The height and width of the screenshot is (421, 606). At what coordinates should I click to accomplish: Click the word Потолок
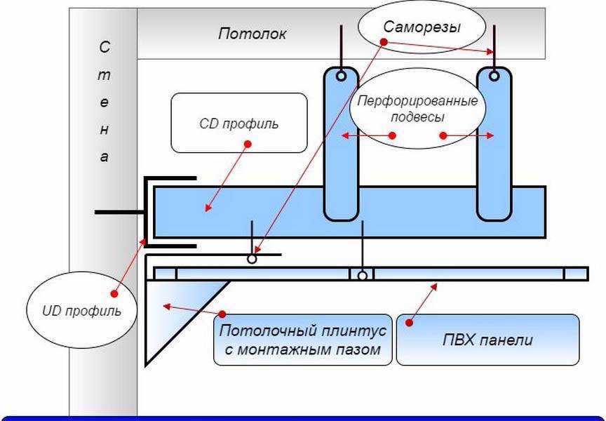252,34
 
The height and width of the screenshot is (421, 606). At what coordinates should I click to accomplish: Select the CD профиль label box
239,123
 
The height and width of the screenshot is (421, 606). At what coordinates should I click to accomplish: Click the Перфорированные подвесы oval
419,108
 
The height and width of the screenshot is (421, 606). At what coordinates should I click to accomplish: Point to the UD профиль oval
83,309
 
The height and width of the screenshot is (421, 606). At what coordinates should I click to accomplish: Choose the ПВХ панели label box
487,340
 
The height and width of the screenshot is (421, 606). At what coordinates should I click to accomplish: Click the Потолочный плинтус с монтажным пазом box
302,340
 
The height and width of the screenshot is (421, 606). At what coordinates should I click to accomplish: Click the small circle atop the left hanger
342,75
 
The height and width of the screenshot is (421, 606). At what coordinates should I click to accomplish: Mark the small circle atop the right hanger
494,75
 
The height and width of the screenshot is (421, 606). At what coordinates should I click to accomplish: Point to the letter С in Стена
105,48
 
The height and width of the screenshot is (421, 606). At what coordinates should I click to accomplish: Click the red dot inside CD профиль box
247,144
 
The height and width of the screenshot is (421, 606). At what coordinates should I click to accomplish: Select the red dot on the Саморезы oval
384,41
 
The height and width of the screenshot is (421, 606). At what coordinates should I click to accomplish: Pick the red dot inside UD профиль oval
113,293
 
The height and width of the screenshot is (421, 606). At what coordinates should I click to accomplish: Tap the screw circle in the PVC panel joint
362,276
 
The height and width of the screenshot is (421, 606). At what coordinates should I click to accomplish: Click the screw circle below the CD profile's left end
251,259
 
